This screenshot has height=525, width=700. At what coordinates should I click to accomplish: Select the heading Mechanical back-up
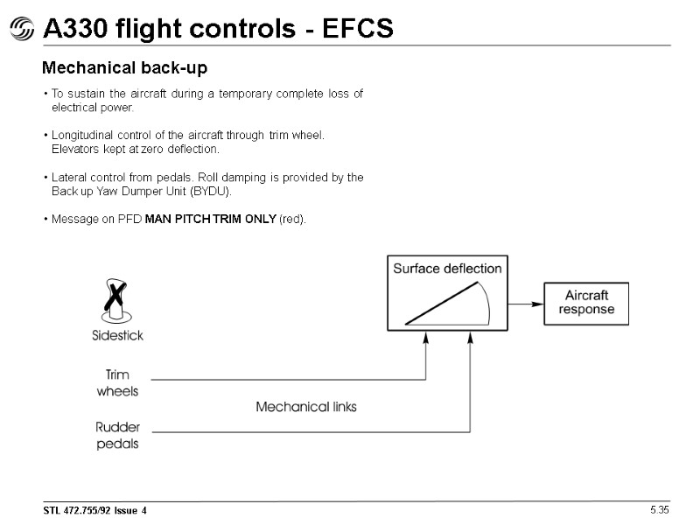coord(125,67)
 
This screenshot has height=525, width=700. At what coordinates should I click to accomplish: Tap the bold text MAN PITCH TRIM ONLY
coord(209,219)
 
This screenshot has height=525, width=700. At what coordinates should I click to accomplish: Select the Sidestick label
coord(117,335)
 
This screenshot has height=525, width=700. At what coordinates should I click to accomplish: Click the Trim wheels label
coord(117,383)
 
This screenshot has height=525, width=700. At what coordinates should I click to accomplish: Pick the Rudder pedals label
coord(117,435)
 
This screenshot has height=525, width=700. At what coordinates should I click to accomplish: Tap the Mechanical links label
coord(305,407)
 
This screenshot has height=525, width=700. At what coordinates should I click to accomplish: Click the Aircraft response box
coord(586,303)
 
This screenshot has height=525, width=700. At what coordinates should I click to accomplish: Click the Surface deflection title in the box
coord(447,269)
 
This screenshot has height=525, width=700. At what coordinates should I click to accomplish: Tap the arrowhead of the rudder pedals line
coord(471,338)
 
